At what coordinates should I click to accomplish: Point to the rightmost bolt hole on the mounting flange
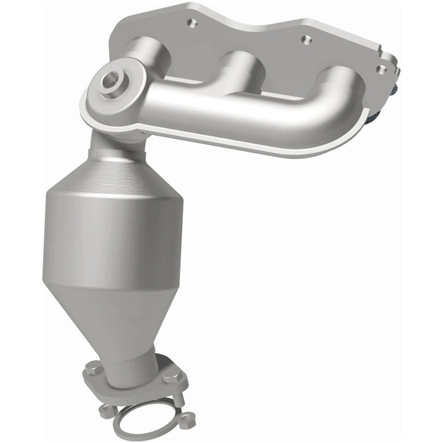(x=382, y=69)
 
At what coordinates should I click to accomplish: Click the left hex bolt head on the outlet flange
(x=93, y=369)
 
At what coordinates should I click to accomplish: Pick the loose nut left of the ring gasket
(x=107, y=410)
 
